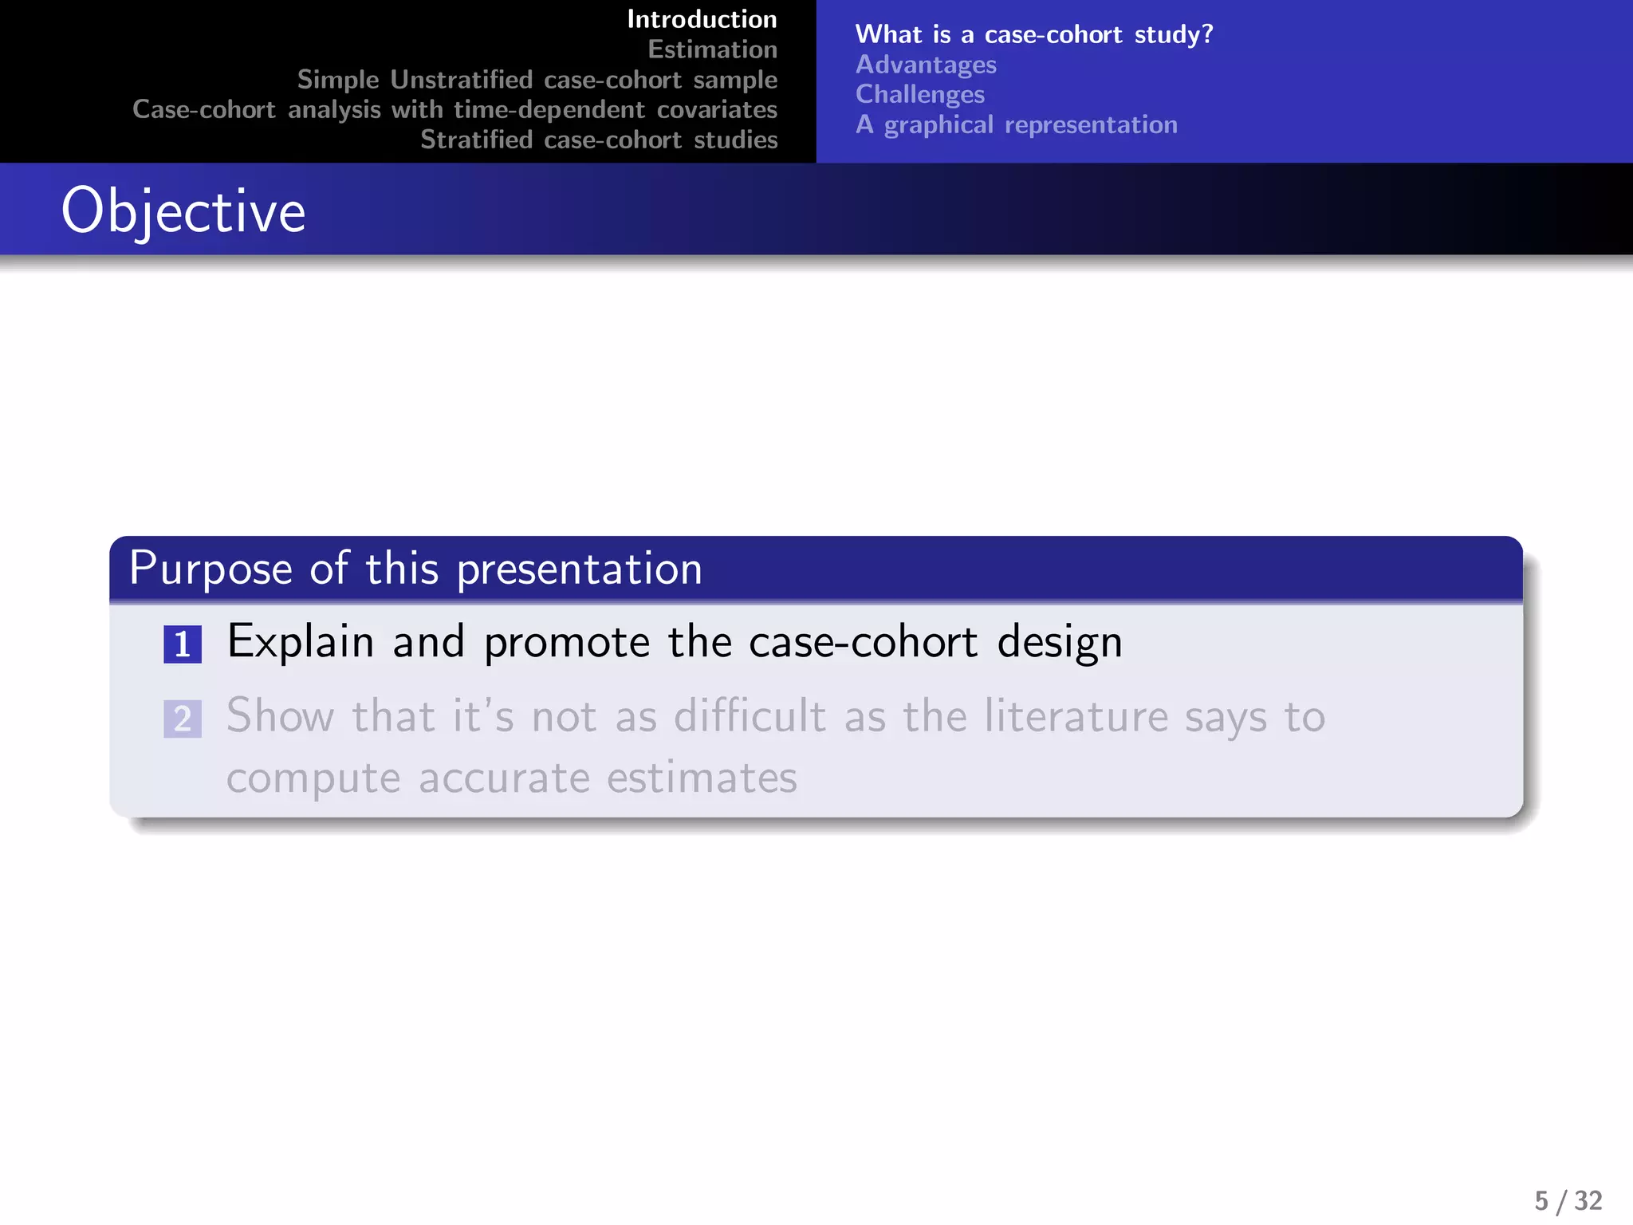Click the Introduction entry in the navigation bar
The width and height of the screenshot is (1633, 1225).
(702, 19)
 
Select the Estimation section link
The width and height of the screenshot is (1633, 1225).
(712, 49)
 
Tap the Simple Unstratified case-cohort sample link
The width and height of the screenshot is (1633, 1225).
(537, 80)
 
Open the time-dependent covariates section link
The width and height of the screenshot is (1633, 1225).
(454, 109)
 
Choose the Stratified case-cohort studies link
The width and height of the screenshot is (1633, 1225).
(599, 140)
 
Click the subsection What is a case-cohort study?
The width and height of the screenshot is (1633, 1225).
(1033, 34)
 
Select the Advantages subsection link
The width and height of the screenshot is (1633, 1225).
(926, 65)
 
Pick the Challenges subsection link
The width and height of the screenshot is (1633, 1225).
(919, 94)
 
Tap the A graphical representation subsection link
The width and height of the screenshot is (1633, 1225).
(1016, 124)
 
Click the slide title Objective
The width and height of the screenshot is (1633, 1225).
(183, 211)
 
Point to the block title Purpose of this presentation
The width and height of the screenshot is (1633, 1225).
(415, 569)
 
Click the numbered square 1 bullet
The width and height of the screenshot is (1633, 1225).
(183, 644)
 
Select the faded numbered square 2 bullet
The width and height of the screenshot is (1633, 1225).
(183, 719)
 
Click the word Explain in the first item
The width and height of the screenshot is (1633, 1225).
(301, 642)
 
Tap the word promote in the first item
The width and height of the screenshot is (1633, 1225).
(567, 642)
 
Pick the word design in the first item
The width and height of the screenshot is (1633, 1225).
(1060, 642)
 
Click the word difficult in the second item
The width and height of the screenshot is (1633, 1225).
(750, 715)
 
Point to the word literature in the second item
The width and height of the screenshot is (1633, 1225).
(1075, 715)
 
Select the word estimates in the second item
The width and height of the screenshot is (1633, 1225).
(702, 778)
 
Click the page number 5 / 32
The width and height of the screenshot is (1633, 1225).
(1568, 1200)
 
